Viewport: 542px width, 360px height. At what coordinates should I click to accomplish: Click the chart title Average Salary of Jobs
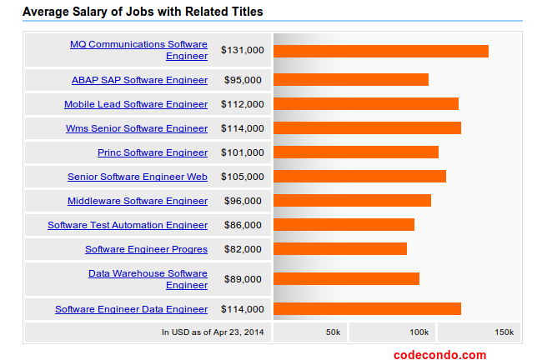click(x=143, y=12)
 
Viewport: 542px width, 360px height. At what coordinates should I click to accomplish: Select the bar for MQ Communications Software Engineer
click(x=380, y=51)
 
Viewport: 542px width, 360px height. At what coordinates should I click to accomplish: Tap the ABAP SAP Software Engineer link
click(x=139, y=80)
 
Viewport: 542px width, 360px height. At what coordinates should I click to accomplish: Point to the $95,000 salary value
click(x=243, y=80)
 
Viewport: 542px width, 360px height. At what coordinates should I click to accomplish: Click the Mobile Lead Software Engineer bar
click(x=365, y=104)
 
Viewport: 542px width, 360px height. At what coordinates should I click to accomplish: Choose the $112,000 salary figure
click(x=243, y=104)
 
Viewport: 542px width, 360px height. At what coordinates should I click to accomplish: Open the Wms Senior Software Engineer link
click(x=137, y=128)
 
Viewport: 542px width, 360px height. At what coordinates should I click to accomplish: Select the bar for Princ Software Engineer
click(x=355, y=152)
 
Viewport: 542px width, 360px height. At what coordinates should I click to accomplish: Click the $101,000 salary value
click(x=243, y=152)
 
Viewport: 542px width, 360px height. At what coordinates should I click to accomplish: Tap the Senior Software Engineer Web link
click(x=138, y=177)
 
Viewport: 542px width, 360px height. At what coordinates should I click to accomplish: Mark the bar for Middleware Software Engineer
click(x=352, y=201)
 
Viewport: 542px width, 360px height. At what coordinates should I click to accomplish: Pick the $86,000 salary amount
click(x=243, y=225)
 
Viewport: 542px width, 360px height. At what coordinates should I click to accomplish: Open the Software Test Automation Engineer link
click(x=128, y=225)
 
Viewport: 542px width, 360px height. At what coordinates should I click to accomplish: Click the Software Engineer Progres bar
click(x=339, y=249)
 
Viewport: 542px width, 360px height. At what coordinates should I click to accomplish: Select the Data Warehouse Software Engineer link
click(x=148, y=279)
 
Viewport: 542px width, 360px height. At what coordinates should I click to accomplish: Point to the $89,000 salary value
click(x=243, y=279)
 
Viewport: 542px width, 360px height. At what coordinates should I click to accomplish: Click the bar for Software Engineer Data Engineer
click(x=367, y=309)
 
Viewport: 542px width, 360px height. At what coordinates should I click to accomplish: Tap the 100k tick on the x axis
click(x=419, y=332)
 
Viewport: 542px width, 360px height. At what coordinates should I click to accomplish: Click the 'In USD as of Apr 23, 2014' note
click(x=213, y=332)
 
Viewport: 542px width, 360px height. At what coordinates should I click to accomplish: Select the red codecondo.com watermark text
click(x=439, y=354)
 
